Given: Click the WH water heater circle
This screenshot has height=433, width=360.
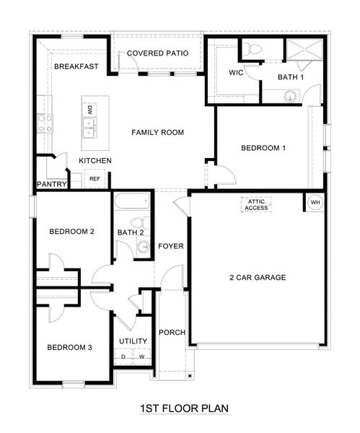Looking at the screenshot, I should pyautogui.click(x=315, y=202).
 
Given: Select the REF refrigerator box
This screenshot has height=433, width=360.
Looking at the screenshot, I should pyautogui.click(x=94, y=178).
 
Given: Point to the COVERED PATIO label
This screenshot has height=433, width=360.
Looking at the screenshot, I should pyautogui.click(x=158, y=53).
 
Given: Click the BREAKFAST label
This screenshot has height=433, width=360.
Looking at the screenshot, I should pyautogui.click(x=75, y=66).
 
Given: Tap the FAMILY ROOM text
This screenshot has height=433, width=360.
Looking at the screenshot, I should pyautogui.click(x=157, y=132).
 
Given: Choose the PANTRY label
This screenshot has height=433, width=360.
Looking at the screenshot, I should pyautogui.click(x=52, y=185).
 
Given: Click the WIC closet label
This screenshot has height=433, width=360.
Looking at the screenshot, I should pyautogui.click(x=236, y=73).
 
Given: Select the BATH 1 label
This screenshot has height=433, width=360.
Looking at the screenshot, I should pyautogui.click(x=291, y=76).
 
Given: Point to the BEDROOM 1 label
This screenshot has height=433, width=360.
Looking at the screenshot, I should pyautogui.click(x=263, y=148).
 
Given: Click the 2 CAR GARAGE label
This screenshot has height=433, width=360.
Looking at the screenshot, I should pyautogui.click(x=258, y=277).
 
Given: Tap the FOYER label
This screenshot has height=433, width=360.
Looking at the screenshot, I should pyautogui.click(x=171, y=246).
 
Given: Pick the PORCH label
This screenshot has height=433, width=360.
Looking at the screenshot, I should pyautogui.click(x=172, y=333).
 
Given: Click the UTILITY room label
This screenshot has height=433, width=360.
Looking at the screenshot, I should pyautogui.click(x=133, y=341).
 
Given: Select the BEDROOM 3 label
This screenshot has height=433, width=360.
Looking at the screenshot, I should pyautogui.click(x=70, y=347).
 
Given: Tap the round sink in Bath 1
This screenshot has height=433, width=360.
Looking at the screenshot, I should pyautogui.click(x=290, y=96).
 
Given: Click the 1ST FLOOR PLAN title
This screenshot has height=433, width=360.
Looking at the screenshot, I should pyautogui.click(x=184, y=409).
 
